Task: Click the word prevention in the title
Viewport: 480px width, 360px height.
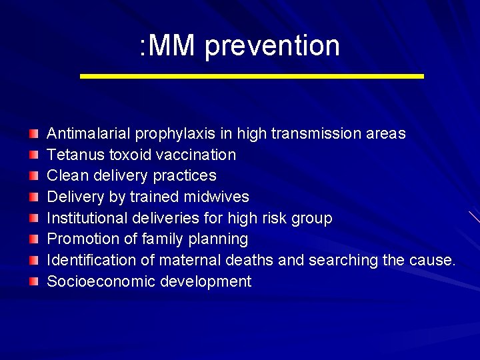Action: coord(272,46)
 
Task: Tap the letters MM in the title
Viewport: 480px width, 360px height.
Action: coord(172,46)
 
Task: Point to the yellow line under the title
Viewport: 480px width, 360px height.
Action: coord(251,77)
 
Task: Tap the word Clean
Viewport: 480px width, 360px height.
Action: coord(65,175)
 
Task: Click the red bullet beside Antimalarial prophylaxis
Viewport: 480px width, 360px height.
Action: coord(34,134)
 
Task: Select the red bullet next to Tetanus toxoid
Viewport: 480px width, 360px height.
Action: coord(34,155)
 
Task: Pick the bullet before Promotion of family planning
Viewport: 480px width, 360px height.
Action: coord(34,239)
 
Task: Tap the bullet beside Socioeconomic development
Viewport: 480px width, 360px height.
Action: coord(34,282)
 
